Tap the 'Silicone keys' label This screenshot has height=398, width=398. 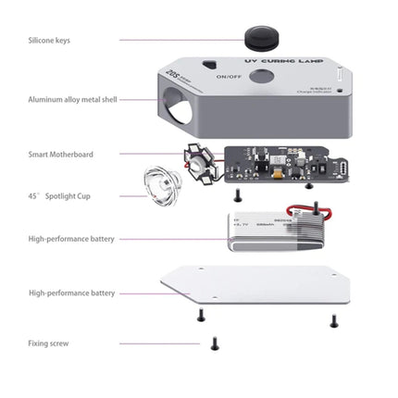(x=48, y=40)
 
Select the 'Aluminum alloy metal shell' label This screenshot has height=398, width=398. (x=71, y=98)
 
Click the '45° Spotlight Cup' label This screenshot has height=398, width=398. (x=59, y=196)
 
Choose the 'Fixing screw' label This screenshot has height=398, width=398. (x=47, y=343)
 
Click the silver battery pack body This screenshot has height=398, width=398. (x=278, y=232)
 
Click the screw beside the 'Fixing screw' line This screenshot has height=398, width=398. (x=215, y=342)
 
